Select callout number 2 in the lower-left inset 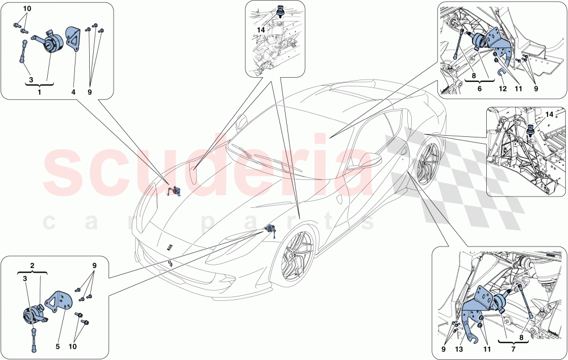(x=32, y=265)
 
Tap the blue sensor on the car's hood (x=176, y=191)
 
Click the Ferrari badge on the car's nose (x=169, y=246)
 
